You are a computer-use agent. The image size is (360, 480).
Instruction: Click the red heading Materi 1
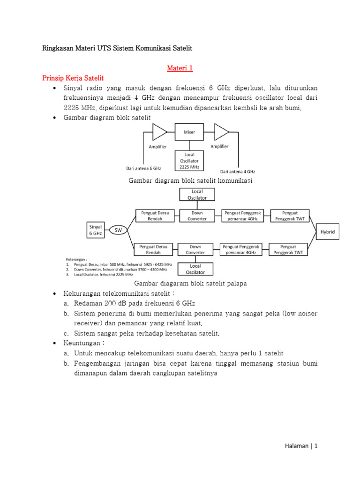(x=180, y=68)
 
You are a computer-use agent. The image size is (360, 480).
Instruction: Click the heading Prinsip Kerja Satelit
(x=73, y=78)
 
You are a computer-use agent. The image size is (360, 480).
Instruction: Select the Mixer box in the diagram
(x=189, y=132)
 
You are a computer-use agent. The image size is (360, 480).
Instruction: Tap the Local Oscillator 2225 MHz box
(x=189, y=160)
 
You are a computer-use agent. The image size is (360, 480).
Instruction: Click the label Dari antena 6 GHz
(x=144, y=168)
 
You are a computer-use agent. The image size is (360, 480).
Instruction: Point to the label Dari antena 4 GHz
(x=238, y=172)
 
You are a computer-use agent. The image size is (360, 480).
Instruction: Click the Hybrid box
(x=327, y=232)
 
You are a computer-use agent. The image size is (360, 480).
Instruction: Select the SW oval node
(x=118, y=230)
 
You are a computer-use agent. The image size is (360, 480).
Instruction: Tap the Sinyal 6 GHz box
(x=96, y=230)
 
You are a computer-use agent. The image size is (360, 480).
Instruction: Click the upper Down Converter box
(x=197, y=216)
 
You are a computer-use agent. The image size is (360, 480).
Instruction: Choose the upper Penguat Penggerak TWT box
(x=288, y=216)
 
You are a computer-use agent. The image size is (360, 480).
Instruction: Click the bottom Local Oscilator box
(x=195, y=269)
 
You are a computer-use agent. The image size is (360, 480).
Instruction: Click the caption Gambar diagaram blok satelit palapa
(x=190, y=283)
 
